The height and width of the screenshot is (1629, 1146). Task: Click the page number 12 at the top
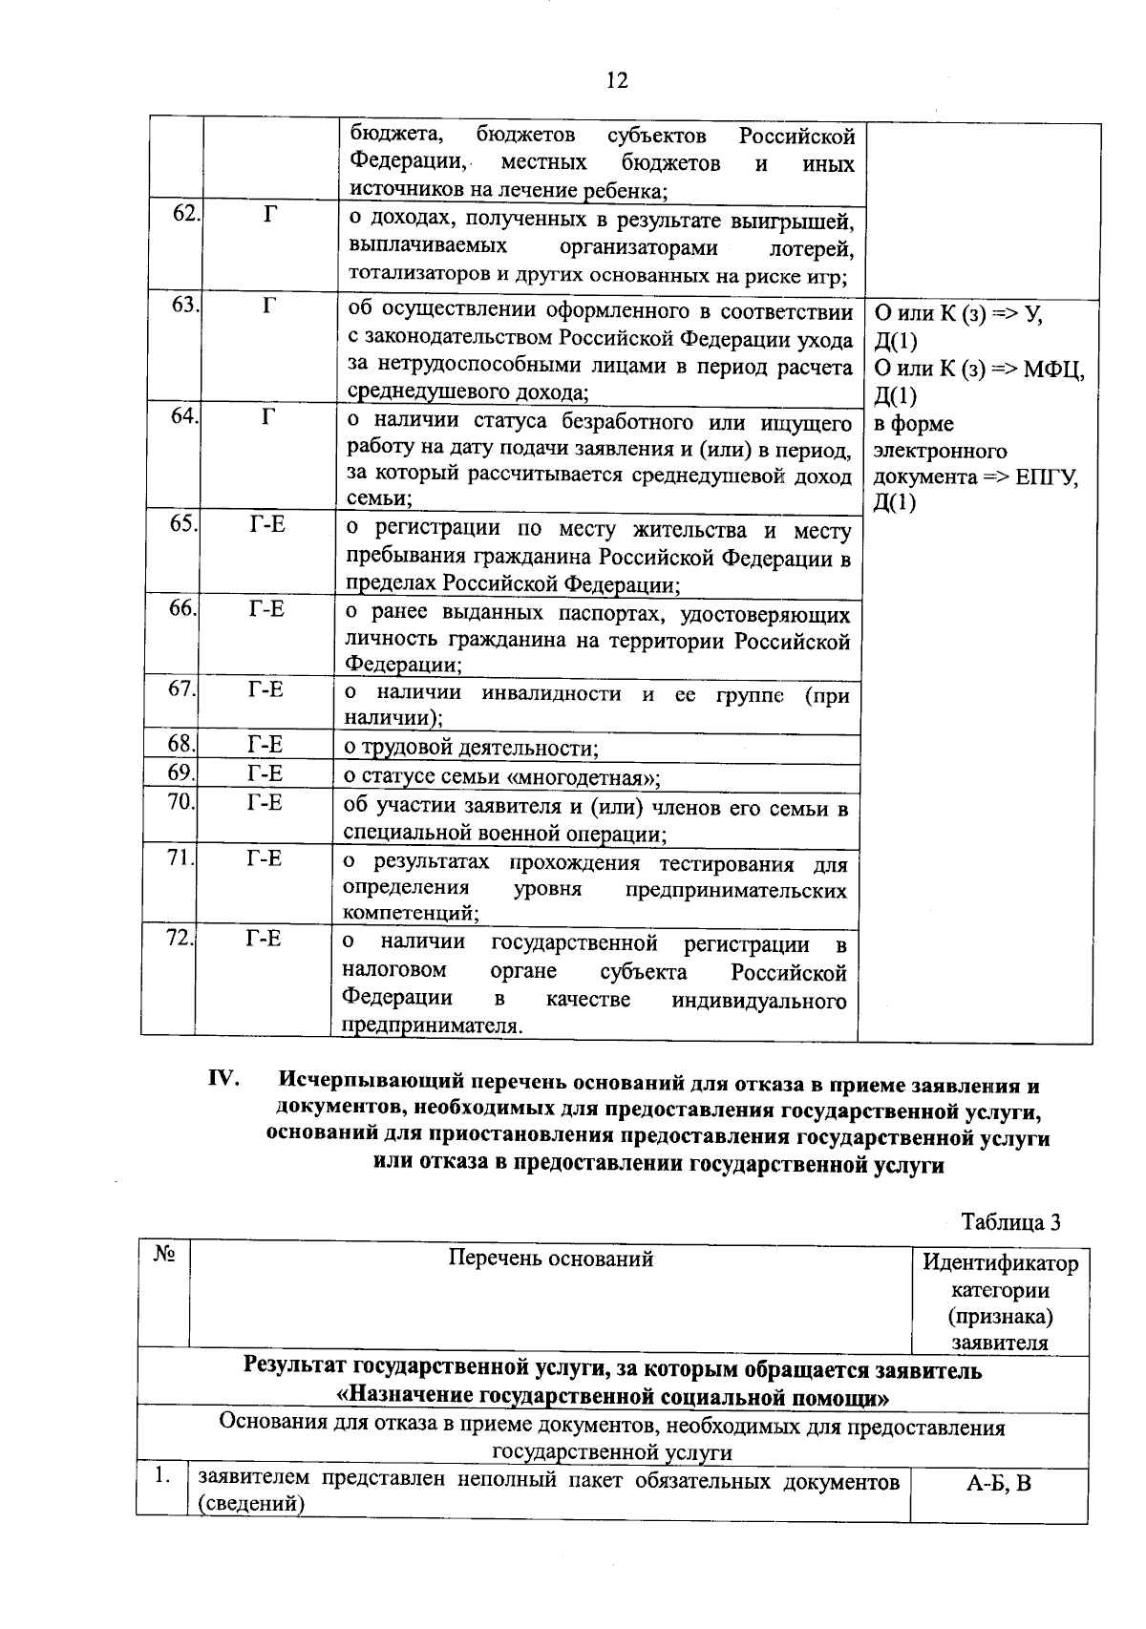pos(617,80)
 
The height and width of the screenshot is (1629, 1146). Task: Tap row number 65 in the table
pos(182,523)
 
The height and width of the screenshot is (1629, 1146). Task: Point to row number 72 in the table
pos(180,938)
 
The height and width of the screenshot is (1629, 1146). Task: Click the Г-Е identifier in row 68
pos(265,744)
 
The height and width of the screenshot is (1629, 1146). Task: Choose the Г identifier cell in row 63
pos(270,306)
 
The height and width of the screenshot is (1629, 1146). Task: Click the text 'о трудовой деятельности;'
pos(471,748)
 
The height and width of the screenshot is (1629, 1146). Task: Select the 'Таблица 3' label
pos(1010,1222)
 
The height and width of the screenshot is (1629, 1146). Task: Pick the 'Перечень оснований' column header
pos(551,1259)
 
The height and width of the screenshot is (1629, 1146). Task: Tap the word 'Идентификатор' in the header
pos(1000,1263)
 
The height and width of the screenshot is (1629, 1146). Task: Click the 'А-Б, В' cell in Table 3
pos(999,1484)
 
